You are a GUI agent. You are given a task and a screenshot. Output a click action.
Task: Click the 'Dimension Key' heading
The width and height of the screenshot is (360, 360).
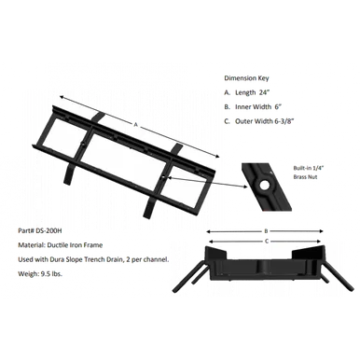click(246, 78)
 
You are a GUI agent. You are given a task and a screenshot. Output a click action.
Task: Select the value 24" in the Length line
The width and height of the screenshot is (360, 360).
click(264, 92)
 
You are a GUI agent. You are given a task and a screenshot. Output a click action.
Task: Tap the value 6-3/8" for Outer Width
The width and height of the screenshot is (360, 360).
click(284, 121)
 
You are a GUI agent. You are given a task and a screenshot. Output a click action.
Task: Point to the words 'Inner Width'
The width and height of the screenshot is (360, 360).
click(254, 107)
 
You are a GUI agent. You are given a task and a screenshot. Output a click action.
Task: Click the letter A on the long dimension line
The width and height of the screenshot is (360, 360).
click(135, 125)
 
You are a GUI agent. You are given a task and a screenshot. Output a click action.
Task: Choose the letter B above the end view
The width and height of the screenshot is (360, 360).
click(266, 231)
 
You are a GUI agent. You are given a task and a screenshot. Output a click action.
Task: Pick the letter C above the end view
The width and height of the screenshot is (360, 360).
click(267, 242)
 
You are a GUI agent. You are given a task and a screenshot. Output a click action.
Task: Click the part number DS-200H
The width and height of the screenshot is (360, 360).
click(48, 231)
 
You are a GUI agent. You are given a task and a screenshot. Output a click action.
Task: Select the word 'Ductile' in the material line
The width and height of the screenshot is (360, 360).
click(57, 245)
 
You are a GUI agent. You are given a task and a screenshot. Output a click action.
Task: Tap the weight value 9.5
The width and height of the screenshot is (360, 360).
click(44, 274)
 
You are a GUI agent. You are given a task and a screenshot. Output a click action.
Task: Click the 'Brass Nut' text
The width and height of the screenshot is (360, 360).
click(305, 177)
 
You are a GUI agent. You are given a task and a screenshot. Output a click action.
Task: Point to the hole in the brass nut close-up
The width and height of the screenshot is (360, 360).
click(265, 186)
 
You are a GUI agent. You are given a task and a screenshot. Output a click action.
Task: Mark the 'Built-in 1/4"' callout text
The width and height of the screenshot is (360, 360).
click(309, 168)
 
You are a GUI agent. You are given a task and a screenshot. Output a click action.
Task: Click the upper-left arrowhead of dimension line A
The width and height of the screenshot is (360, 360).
click(62, 98)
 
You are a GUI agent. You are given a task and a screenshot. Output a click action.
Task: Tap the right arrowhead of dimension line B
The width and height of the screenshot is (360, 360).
click(321, 231)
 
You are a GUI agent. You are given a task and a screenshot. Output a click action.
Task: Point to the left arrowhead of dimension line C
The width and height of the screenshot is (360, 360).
click(212, 242)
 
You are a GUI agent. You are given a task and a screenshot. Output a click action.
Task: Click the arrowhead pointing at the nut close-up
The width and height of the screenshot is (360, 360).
click(245, 187)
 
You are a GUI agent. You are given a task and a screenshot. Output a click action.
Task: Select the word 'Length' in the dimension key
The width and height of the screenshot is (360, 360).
click(245, 92)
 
